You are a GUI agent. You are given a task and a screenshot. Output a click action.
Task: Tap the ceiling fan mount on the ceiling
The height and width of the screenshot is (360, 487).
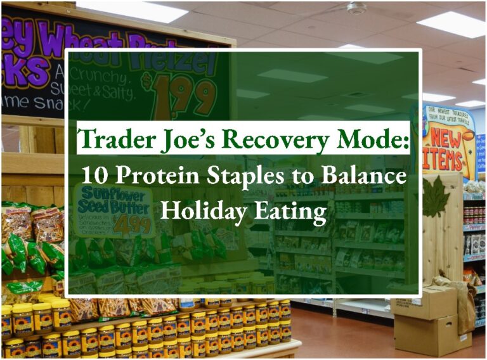tap(356, 8)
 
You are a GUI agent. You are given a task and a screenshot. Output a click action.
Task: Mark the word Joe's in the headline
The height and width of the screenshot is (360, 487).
tap(180, 139)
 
